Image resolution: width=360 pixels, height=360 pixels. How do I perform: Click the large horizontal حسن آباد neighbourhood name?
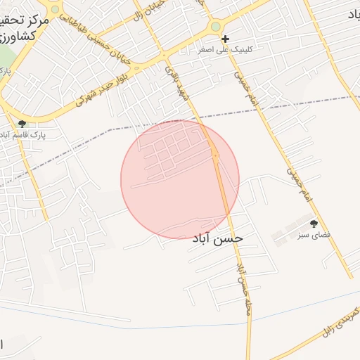[217, 239]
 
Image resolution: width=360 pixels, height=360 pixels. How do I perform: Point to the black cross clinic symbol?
[225, 39]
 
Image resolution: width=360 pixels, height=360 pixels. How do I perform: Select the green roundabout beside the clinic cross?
[216, 27]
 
